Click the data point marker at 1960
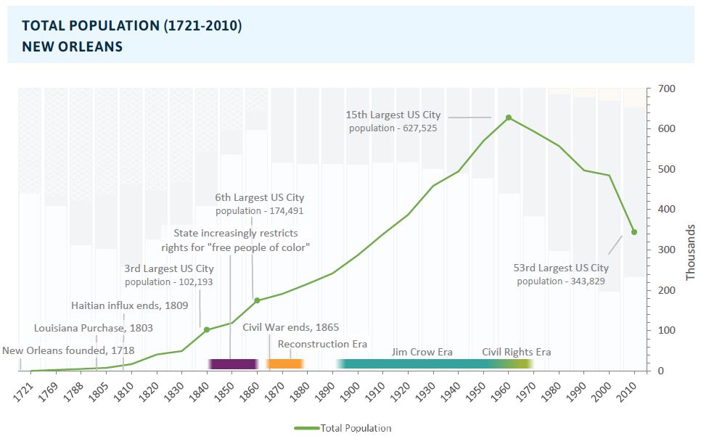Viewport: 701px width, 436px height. point(509,118)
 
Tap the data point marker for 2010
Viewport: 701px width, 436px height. point(634,232)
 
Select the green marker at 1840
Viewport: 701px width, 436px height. point(207,330)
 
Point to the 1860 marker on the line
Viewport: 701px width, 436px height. point(257,300)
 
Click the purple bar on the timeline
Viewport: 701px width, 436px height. point(232,363)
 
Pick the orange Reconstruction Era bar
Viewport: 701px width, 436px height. point(284,363)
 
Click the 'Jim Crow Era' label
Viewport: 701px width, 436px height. point(422,352)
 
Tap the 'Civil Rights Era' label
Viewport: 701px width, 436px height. point(516,352)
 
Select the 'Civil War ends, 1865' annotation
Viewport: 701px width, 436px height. point(290,327)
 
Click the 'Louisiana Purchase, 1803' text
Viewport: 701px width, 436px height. point(94,328)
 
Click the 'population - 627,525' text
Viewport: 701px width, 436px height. point(393,128)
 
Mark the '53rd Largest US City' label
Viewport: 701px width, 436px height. point(561,268)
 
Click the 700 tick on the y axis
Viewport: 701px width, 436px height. point(666,89)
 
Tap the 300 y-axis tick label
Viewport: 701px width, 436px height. point(666,250)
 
